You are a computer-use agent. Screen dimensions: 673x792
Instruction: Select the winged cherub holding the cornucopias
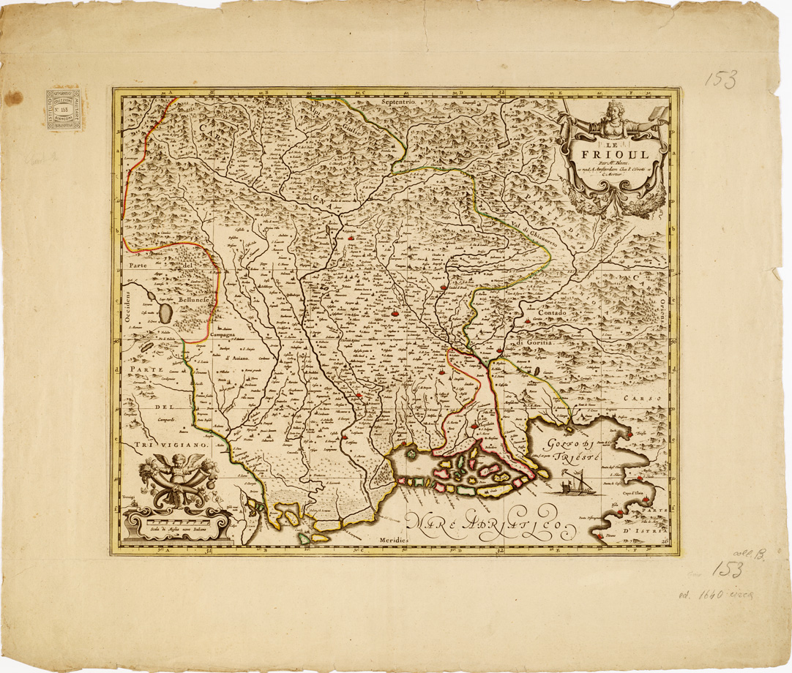click(x=174, y=467)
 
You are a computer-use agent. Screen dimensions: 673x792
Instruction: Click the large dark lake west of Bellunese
click(x=166, y=314)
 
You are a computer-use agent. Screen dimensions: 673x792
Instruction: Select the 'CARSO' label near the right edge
click(x=642, y=399)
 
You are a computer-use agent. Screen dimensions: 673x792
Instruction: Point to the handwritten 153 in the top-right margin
click(x=721, y=79)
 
